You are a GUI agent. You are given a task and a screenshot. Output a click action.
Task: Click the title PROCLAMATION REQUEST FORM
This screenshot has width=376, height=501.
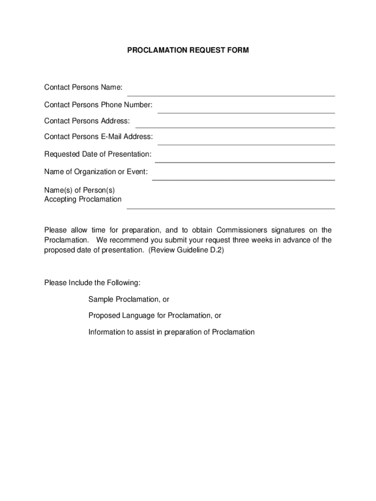pyautogui.click(x=188, y=50)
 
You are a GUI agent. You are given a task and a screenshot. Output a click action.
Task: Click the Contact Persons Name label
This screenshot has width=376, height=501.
pyautogui.click(x=83, y=88)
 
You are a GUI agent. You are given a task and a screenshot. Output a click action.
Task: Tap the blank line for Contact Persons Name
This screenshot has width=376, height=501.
pyautogui.click(x=231, y=95)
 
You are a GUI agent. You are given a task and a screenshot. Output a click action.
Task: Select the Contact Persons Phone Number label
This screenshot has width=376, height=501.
pyautogui.click(x=98, y=105)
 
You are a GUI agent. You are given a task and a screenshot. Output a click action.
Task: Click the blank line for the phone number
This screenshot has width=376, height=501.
pyautogui.click(x=246, y=112)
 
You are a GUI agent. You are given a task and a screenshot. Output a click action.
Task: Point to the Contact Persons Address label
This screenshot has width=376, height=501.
pyautogui.click(x=87, y=121)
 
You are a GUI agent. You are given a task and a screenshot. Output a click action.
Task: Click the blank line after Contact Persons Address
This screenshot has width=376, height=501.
pyautogui.click(x=235, y=127)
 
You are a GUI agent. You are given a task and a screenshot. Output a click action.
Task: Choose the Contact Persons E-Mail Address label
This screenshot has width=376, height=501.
pyautogui.click(x=98, y=137)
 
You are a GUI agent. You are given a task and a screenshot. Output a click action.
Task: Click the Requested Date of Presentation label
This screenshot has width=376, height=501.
pyautogui.click(x=98, y=154)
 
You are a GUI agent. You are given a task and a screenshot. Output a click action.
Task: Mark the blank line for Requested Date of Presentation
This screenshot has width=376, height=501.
pyautogui.click(x=245, y=161)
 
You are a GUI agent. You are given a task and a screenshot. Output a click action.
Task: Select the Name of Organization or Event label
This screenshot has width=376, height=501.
pyautogui.click(x=96, y=172)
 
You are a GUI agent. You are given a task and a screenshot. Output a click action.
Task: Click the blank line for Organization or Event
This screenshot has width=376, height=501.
pyautogui.click(x=243, y=180)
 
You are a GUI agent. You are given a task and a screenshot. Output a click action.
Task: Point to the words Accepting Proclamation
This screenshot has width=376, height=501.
pyautogui.click(x=83, y=199)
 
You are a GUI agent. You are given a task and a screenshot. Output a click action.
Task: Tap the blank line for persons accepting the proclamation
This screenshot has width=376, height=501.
pyautogui.click(x=231, y=208)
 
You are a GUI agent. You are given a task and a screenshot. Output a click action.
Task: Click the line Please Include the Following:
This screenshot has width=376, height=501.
pyautogui.click(x=92, y=282)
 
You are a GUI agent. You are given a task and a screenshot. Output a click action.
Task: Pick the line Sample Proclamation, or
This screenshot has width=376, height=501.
pyautogui.click(x=129, y=299)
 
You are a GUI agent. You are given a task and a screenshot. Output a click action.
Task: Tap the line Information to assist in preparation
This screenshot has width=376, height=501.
pyautogui.click(x=171, y=332)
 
